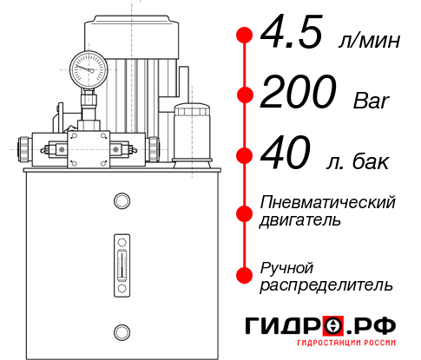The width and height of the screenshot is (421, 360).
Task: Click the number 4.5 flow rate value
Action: pos(293,36)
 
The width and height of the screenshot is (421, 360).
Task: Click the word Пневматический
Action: pos(328,202)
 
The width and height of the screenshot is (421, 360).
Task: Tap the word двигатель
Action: pos(300,220)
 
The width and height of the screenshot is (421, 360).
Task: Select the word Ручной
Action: pos(286,266)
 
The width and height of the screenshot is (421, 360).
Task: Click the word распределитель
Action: pos(326,285)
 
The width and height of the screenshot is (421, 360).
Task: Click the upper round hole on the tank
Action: pos(121,202)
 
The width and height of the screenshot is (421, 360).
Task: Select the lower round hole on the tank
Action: pos(121,331)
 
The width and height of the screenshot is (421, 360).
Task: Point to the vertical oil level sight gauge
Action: pos(121,259)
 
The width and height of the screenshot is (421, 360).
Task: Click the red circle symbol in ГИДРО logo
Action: pos(333,327)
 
